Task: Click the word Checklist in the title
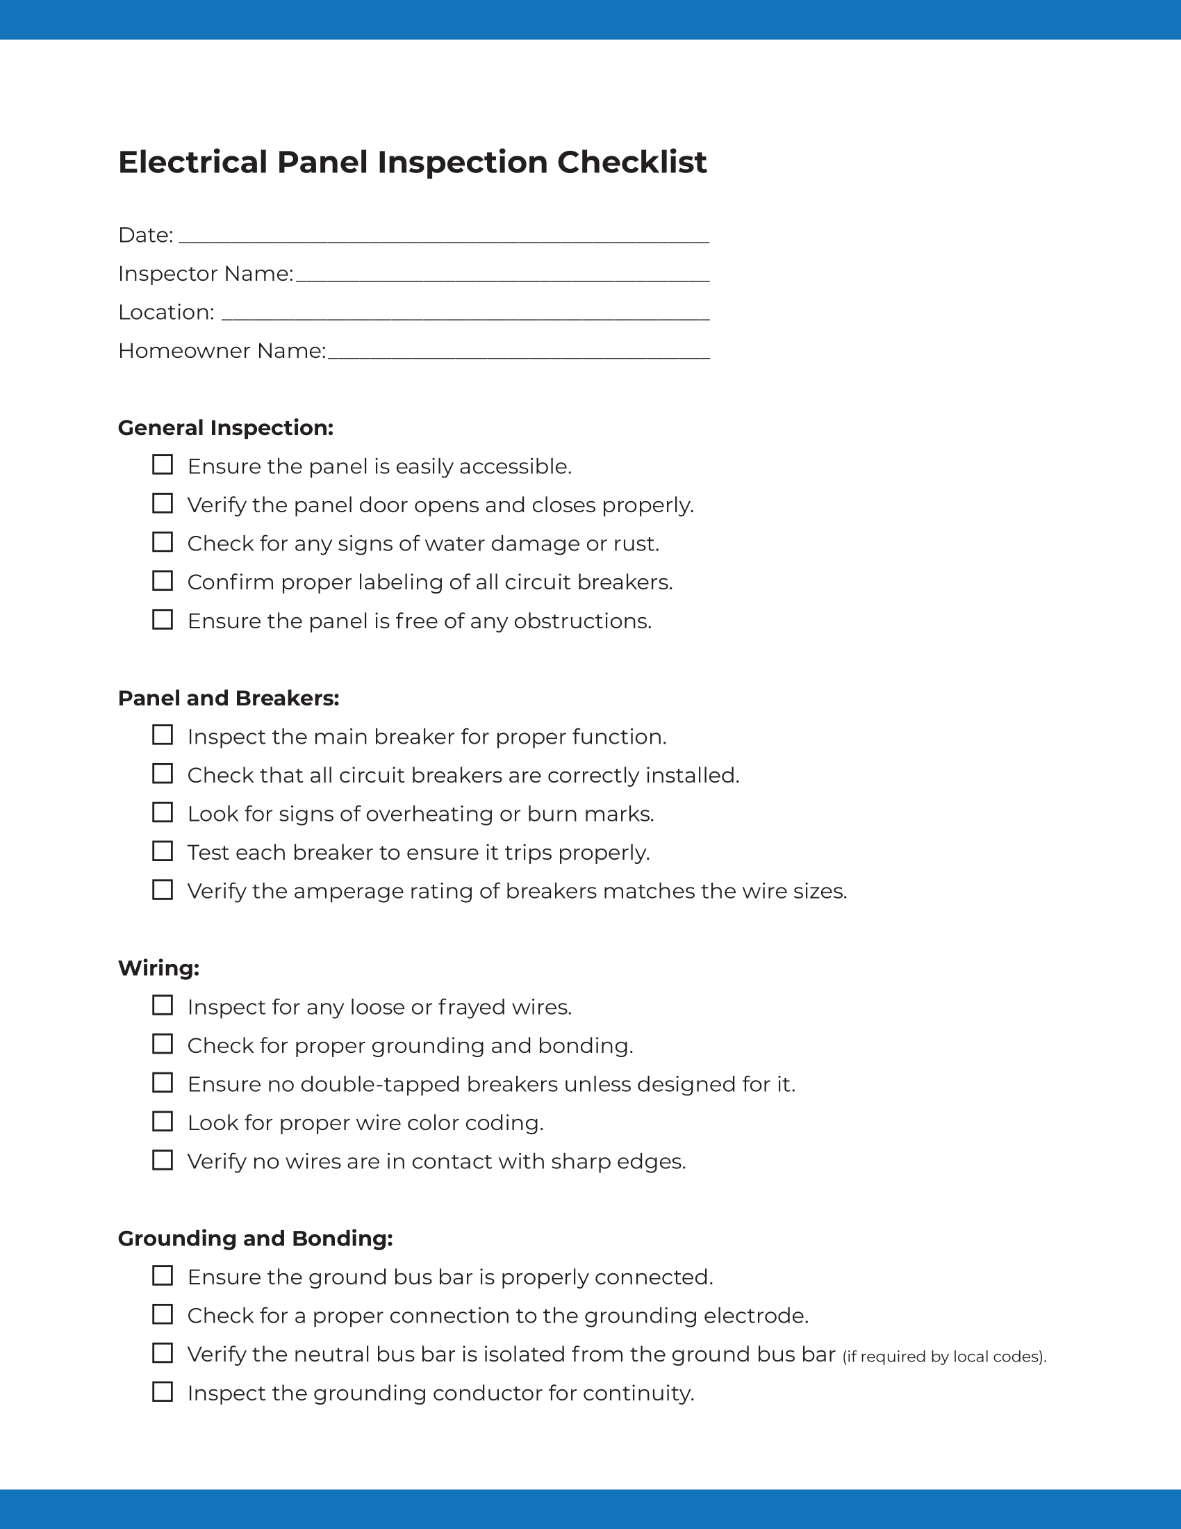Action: [631, 163]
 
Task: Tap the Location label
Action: [166, 312]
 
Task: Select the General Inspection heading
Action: [225, 427]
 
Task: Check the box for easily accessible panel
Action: [163, 465]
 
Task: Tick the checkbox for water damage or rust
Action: [163, 542]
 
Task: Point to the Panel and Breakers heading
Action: [228, 698]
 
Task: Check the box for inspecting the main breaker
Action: [163, 735]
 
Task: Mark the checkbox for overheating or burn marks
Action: [163, 812]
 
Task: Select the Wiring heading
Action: [159, 968]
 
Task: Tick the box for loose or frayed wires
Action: [163, 1006]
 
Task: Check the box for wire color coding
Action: [163, 1122]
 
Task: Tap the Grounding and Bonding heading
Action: [256, 1238]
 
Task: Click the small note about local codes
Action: [945, 1357]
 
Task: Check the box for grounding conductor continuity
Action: [163, 1392]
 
